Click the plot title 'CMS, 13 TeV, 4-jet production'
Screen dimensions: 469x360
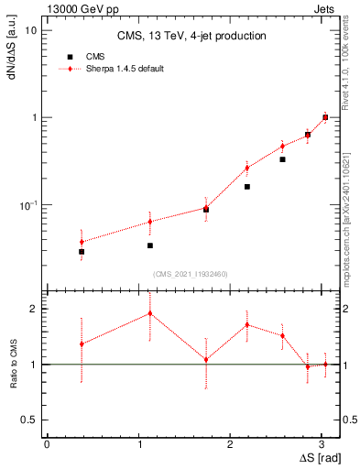click(191, 37)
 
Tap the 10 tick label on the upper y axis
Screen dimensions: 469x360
click(30, 30)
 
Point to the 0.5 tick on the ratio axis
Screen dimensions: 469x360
click(29, 420)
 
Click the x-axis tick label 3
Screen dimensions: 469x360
click(323, 444)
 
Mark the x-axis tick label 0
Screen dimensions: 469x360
click(47, 444)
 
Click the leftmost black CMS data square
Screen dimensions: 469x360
click(82, 252)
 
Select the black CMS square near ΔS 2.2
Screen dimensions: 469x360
click(247, 187)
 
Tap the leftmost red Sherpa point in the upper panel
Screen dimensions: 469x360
click(82, 242)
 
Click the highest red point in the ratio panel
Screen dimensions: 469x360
click(149, 313)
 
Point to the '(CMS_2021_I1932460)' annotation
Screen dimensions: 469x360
click(191, 274)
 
